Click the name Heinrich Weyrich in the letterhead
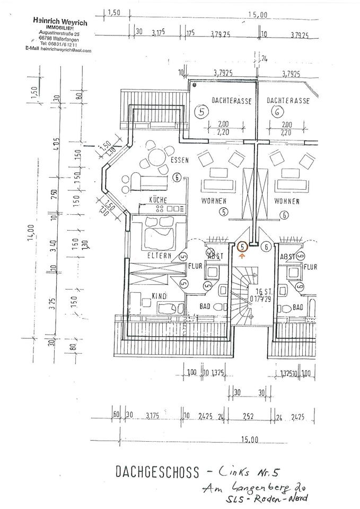tap(60, 22)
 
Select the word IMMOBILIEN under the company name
tap(60, 28)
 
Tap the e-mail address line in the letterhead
tap(58, 50)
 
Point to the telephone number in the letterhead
tap(60, 45)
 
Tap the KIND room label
tap(159, 296)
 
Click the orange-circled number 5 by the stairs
tap(242, 246)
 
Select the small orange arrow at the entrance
tap(242, 256)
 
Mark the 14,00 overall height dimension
tap(32, 231)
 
